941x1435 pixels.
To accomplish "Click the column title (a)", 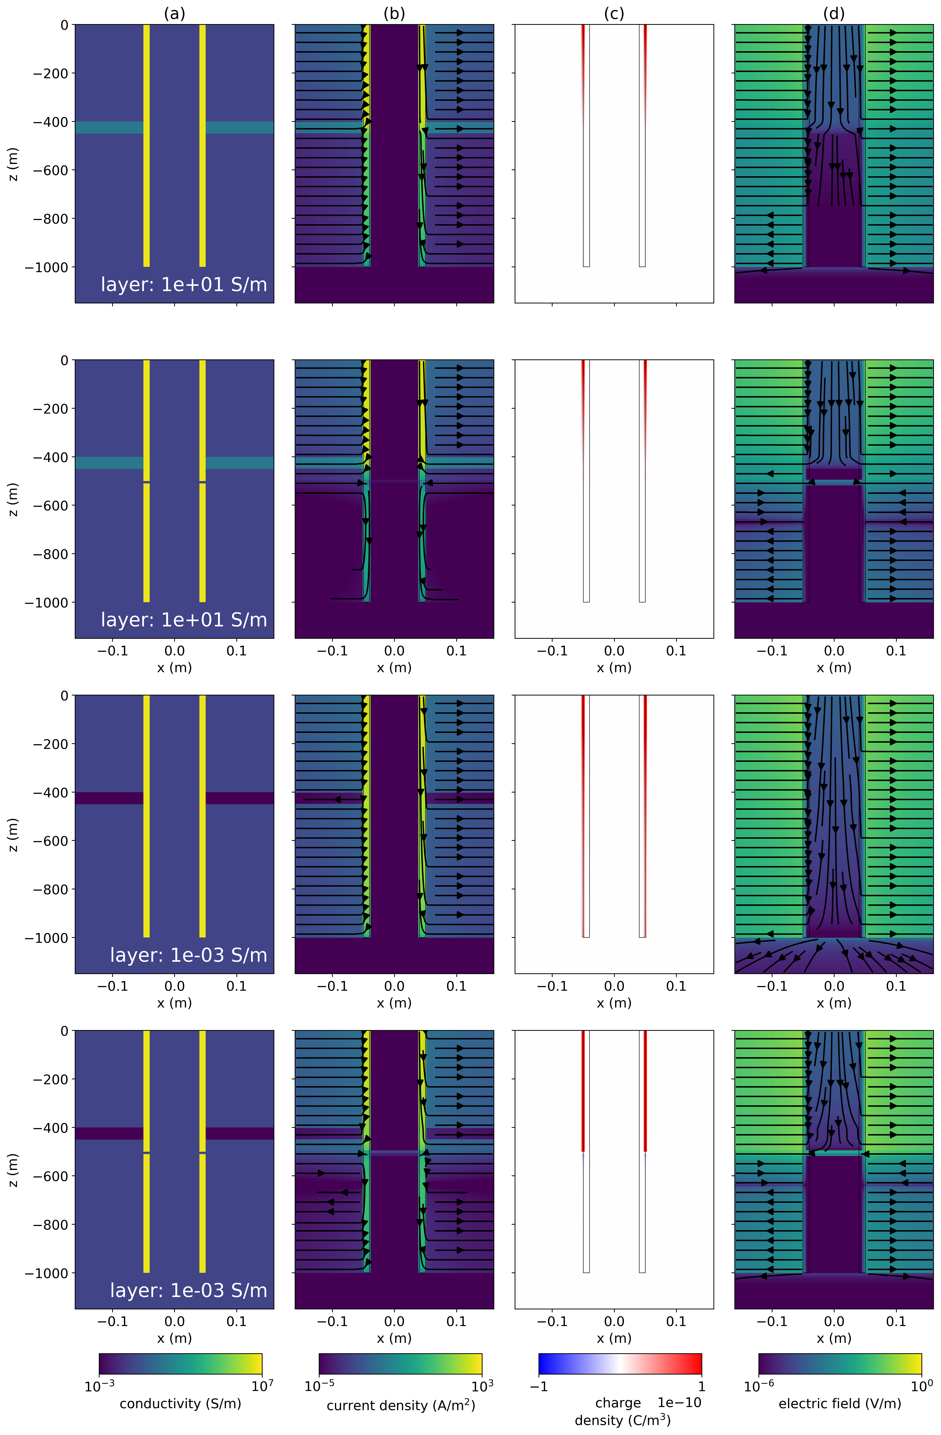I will tap(174, 13).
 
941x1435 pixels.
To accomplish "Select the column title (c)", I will tap(614, 13).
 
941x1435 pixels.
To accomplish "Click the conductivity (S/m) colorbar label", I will tap(180, 1403).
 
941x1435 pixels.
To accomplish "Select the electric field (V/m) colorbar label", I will tap(840, 1403).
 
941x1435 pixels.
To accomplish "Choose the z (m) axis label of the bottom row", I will tap(13, 1170).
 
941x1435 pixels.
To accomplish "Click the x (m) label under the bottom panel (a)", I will tap(174, 1338).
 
